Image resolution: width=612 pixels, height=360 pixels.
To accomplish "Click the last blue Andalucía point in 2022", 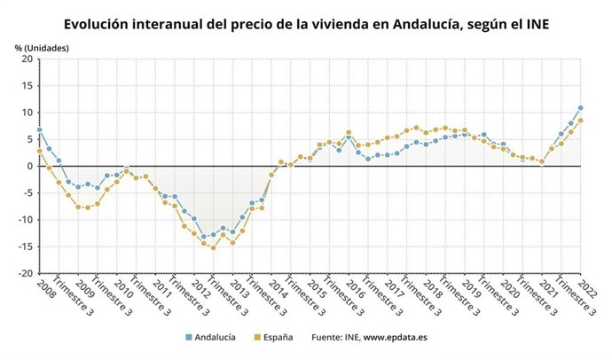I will point(580,108).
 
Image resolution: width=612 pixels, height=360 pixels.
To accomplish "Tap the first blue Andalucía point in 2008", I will point(39,129).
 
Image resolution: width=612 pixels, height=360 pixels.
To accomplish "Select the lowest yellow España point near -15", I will point(213,247).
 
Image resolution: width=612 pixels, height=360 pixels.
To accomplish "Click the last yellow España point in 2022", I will point(580,121).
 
